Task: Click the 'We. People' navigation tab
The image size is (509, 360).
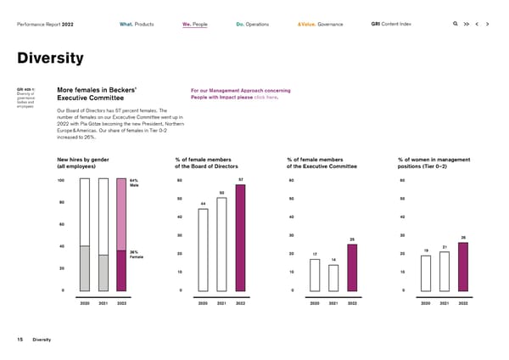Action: (x=196, y=24)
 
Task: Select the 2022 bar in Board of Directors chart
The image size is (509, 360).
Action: (x=240, y=238)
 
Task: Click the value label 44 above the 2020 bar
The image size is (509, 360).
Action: (x=204, y=204)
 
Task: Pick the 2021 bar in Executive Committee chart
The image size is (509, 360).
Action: (x=333, y=278)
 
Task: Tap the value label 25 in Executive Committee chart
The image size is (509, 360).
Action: (x=351, y=239)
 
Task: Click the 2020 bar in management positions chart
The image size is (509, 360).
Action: (x=426, y=273)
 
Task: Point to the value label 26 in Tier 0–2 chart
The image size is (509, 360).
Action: (x=462, y=238)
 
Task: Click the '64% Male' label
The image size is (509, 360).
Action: (x=134, y=183)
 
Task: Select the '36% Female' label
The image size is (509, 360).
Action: (x=136, y=255)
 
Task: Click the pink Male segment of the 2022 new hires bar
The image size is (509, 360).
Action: (x=121, y=216)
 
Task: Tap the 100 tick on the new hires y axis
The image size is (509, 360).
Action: (x=61, y=180)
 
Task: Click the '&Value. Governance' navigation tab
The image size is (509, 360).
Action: (x=320, y=24)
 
